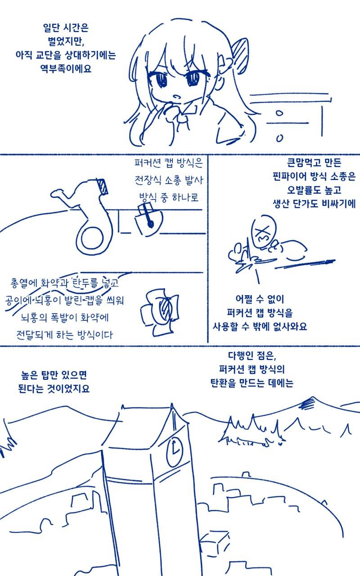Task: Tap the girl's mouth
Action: (x=177, y=97)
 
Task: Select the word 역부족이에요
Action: (x=66, y=68)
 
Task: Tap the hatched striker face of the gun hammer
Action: (x=103, y=186)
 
